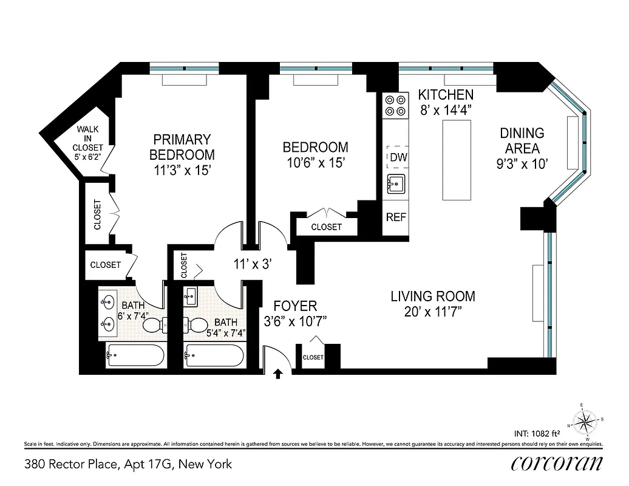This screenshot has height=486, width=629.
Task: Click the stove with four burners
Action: [x=396, y=106]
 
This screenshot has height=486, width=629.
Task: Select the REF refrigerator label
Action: [x=396, y=217]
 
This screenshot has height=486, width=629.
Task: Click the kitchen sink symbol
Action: [x=396, y=183]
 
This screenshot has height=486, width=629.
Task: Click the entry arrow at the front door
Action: [x=278, y=374]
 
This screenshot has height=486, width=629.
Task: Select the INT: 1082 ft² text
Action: [x=536, y=433]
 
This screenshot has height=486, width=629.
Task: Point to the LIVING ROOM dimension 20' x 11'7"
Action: [x=432, y=312]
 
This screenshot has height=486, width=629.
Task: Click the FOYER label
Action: [x=295, y=306]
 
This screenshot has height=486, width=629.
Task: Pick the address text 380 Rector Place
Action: [x=128, y=465]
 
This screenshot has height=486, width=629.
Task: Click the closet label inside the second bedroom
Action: [x=326, y=227]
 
